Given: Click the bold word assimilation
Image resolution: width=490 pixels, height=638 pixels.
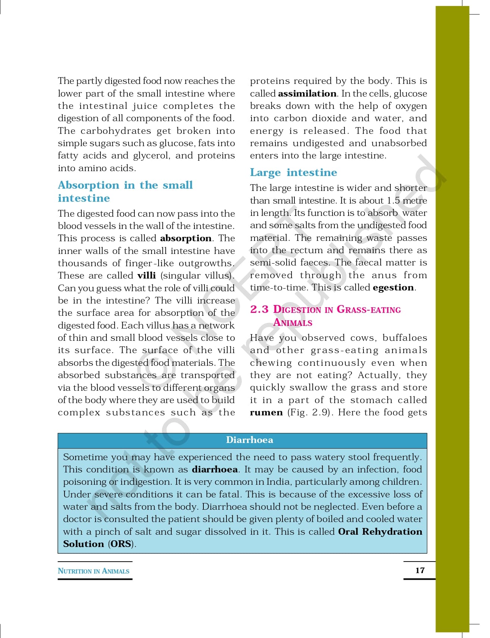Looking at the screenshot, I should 307,93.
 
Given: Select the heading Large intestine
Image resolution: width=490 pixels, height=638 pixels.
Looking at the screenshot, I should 293,172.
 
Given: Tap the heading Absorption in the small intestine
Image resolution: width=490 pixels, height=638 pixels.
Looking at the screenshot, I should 125,191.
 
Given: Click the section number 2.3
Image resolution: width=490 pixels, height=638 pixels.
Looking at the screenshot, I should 259,309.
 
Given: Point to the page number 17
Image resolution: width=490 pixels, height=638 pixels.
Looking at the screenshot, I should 420,570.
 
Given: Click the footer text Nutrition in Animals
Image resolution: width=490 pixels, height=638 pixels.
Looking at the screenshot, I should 94,571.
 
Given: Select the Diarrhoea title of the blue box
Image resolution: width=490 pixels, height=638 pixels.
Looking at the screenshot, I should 249,440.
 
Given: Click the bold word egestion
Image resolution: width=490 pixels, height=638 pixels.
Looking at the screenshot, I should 393,287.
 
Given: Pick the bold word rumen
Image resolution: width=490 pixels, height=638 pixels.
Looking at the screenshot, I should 266,412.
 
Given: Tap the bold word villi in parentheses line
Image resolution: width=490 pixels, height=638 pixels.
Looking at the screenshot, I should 146,276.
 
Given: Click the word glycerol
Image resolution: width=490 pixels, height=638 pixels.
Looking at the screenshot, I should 151,155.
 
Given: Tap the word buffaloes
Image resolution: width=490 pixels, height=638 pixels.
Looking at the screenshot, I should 405,338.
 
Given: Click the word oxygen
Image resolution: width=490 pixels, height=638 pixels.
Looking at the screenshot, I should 411,106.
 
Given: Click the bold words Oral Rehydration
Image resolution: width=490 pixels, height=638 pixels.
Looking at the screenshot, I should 380,531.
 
